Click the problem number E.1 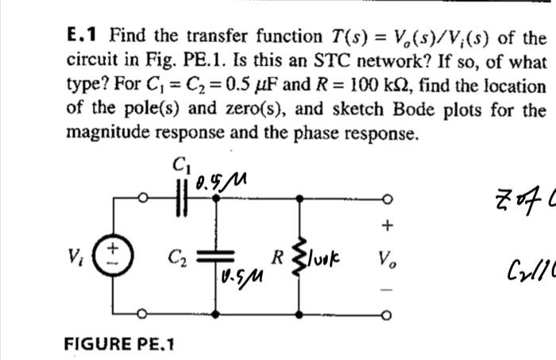[x=85, y=37]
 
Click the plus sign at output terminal [x=387, y=226]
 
